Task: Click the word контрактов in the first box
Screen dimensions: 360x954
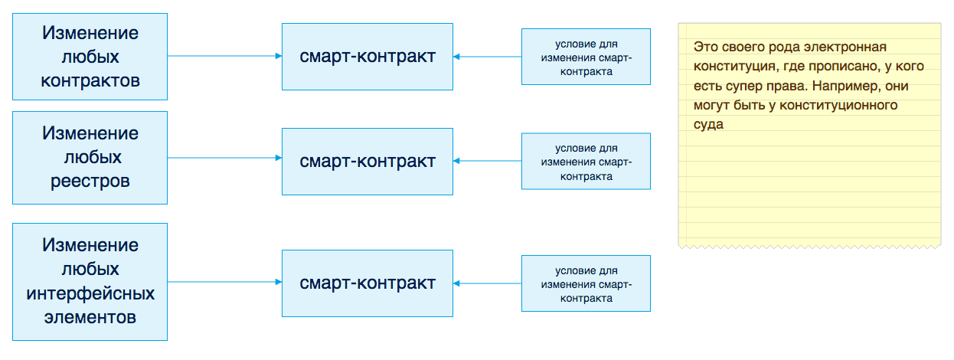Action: (x=90, y=81)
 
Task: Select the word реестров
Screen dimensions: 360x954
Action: (x=90, y=182)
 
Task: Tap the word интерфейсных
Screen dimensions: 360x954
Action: (x=90, y=293)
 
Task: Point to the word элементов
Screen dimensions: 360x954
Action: (x=90, y=317)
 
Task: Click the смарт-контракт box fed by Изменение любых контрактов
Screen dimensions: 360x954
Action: (x=368, y=56)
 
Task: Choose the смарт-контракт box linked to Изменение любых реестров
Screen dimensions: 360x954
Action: (x=368, y=161)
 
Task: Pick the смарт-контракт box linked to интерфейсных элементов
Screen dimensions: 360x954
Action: (x=368, y=283)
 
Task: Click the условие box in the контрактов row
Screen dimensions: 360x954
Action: (x=586, y=57)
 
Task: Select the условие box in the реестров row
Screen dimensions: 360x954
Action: (x=586, y=161)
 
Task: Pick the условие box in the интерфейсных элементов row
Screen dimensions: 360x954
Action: (x=586, y=283)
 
